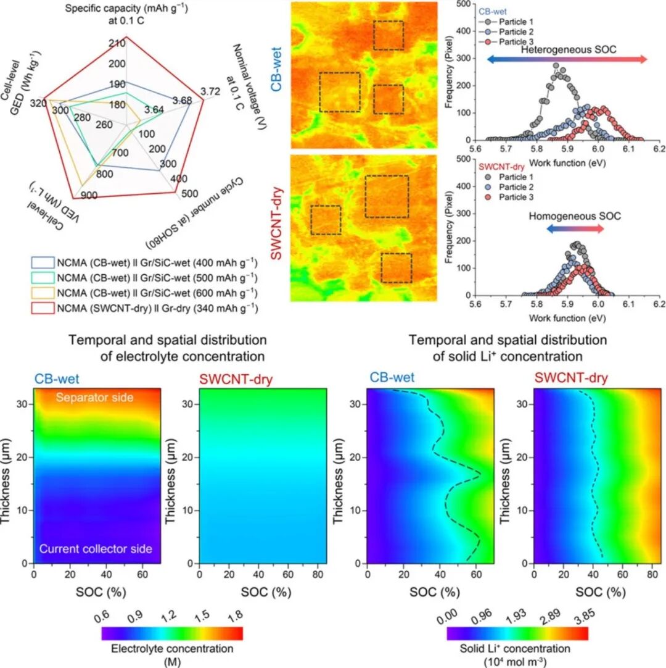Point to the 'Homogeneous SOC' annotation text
[574, 217]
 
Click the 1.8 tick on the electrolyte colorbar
[235, 614]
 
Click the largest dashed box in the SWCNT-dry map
[387, 196]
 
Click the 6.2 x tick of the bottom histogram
[659, 304]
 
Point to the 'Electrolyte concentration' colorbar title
[171, 649]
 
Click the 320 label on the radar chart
[42, 103]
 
